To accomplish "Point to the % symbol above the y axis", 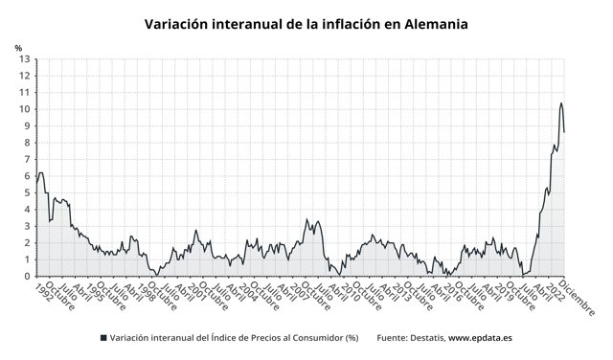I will (x=18, y=47).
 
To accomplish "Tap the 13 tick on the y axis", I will (x=24, y=59).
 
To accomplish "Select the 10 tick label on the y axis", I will (x=24, y=109).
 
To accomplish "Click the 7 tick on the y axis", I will (x=27, y=159).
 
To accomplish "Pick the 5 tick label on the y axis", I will (x=27, y=192).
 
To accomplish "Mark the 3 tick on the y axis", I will (x=27, y=226).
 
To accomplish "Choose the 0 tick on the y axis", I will (x=27, y=276).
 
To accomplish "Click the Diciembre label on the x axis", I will (x=579, y=297).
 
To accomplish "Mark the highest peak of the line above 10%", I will (x=560, y=103).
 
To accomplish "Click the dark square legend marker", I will (x=102, y=338).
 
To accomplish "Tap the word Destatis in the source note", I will (x=428, y=338).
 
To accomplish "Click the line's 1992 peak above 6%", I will (x=41, y=173).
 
